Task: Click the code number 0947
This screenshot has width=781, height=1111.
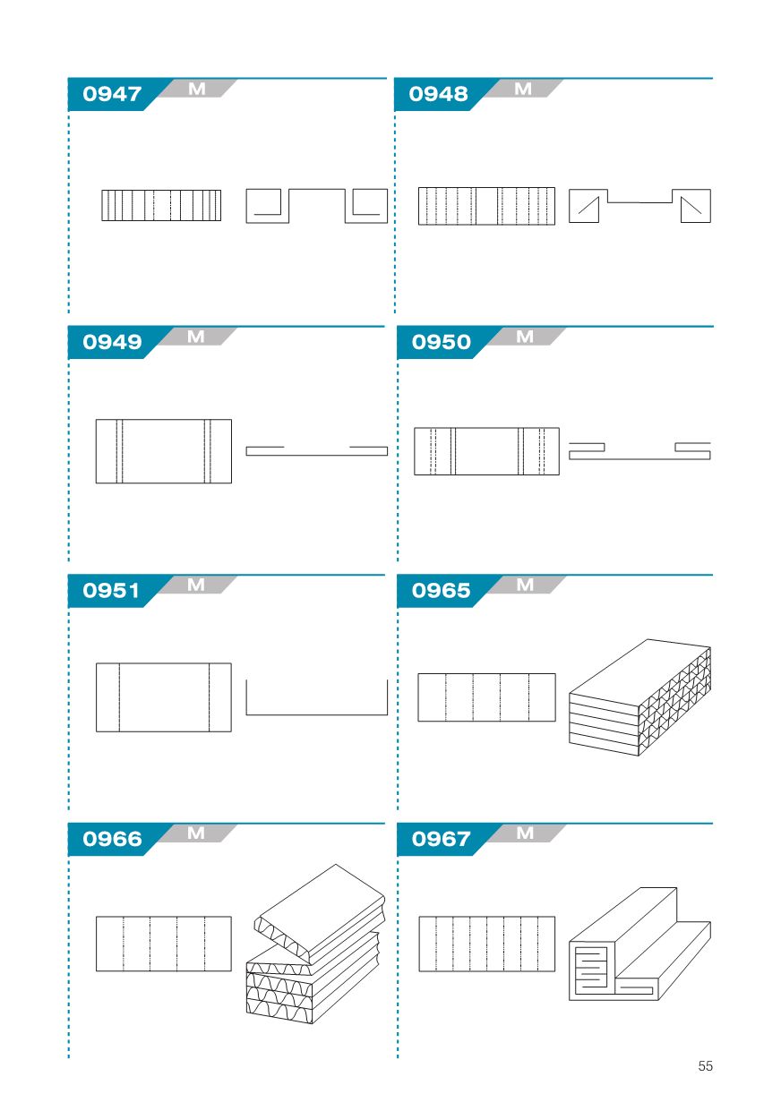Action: (x=112, y=94)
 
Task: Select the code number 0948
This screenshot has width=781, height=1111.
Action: (x=438, y=94)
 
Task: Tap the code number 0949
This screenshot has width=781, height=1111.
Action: (x=112, y=342)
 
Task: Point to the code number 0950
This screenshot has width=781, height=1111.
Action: (x=442, y=342)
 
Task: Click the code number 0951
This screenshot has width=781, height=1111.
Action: (x=111, y=590)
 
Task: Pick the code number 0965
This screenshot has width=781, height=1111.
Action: (x=442, y=590)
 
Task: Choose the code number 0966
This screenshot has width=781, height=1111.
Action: (x=112, y=839)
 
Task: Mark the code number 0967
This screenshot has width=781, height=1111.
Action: (x=441, y=839)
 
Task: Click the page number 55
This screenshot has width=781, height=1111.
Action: (x=705, y=1065)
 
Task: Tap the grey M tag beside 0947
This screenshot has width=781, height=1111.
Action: (x=197, y=89)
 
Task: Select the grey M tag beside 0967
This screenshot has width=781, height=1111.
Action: (x=526, y=833)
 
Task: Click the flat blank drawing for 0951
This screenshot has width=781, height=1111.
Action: (x=164, y=697)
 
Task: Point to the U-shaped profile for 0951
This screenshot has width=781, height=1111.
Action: (x=316, y=714)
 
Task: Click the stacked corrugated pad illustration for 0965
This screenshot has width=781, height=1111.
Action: (x=640, y=697)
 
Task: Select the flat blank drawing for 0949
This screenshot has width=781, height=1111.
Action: (x=164, y=451)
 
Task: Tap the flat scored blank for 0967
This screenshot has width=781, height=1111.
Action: (x=486, y=944)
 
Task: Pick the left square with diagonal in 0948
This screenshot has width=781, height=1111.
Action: (x=584, y=206)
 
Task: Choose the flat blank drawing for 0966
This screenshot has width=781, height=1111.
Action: (x=164, y=944)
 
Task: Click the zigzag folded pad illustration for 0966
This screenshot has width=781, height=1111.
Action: (x=315, y=944)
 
